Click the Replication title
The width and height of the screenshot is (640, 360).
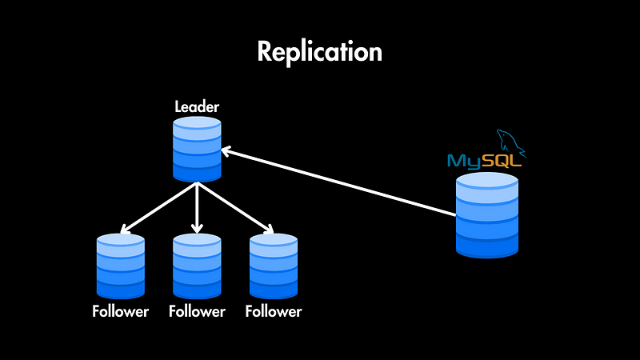(x=320, y=52)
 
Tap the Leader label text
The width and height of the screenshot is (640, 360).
(x=197, y=106)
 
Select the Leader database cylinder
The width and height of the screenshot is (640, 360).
(x=197, y=150)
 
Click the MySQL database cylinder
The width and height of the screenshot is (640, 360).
(x=486, y=215)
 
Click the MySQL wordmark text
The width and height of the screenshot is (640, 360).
(x=484, y=161)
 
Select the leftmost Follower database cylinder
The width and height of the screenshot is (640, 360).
(x=120, y=266)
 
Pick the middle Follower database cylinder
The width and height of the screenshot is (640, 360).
(x=197, y=266)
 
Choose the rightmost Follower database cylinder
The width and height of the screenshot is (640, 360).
(x=274, y=266)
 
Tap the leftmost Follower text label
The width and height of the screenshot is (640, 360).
(x=120, y=311)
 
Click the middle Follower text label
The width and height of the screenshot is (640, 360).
(x=197, y=311)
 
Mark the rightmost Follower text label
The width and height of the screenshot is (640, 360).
(x=274, y=311)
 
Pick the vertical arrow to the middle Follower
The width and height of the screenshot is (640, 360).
(x=197, y=208)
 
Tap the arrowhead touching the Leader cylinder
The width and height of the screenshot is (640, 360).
(x=227, y=150)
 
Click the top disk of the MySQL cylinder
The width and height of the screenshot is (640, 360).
(x=486, y=182)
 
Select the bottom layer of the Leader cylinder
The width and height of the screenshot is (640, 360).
(x=197, y=172)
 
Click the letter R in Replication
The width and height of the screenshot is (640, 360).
(x=266, y=52)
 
